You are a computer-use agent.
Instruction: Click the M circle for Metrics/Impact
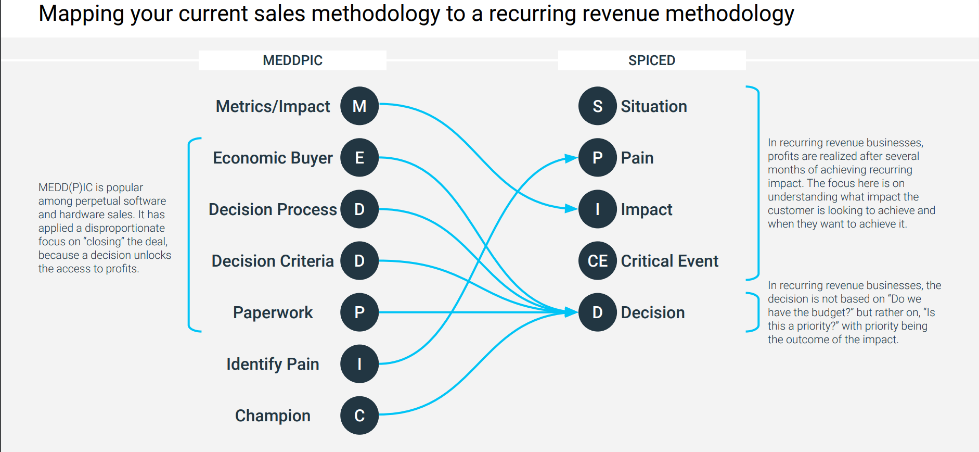[359, 106]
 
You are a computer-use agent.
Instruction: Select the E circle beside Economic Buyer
[359, 158]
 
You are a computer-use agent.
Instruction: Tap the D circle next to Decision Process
[359, 209]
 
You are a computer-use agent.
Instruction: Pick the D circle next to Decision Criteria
[359, 261]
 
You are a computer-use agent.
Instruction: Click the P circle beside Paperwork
[359, 312]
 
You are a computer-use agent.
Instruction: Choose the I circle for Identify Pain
[359, 364]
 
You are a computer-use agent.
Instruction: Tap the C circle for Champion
[359, 416]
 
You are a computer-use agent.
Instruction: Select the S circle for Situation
[598, 106]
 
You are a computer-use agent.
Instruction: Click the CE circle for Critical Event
[598, 261]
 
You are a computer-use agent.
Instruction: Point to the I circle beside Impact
[598, 209]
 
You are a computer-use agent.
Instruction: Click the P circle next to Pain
[598, 158]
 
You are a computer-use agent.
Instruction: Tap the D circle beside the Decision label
[598, 312]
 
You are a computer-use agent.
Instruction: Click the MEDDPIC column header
[292, 60]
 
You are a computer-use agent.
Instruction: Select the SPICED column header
[651, 60]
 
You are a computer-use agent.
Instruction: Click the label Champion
[273, 416]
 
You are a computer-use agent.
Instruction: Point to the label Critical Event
[669, 261]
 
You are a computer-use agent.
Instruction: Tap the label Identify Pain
[273, 364]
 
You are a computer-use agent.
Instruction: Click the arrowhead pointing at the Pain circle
[571, 158]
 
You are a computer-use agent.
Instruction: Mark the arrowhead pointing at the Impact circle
[571, 209]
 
